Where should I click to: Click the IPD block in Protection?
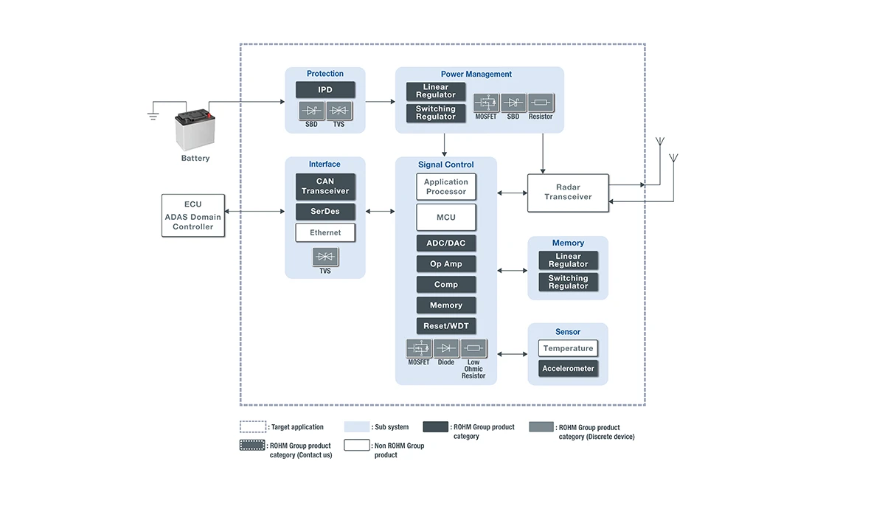pyautogui.click(x=325, y=90)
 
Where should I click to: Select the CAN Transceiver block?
pyautogui.click(x=325, y=187)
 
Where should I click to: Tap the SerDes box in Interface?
pyautogui.click(x=325, y=212)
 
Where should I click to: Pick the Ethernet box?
pyautogui.click(x=325, y=233)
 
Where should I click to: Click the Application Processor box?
pyautogui.click(x=446, y=187)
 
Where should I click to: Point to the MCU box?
pyautogui.click(x=446, y=218)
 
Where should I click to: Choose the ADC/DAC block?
pyautogui.click(x=446, y=243)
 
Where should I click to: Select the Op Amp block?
pyautogui.click(x=446, y=264)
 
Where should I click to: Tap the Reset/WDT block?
pyautogui.click(x=446, y=326)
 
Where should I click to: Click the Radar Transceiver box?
pyautogui.click(x=568, y=193)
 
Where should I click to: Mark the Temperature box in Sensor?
pyautogui.click(x=568, y=348)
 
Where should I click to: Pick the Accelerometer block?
pyautogui.click(x=568, y=369)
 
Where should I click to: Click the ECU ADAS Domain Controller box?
pyautogui.click(x=193, y=215)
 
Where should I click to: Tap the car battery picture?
pyautogui.click(x=195, y=131)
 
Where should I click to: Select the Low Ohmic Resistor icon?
pyautogui.click(x=473, y=348)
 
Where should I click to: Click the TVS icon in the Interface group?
pyautogui.click(x=325, y=256)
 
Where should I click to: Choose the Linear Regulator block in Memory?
pyautogui.click(x=568, y=260)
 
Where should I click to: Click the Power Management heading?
pyautogui.click(x=476, y=74)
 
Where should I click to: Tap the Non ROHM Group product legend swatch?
pyautogui.click(x=357, y=446)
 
